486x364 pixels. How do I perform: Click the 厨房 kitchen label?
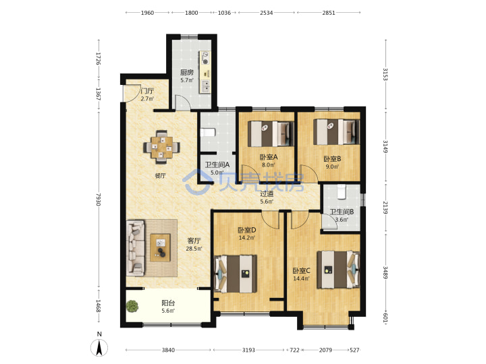tap(187, 72)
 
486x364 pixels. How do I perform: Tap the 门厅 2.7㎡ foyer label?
tap(147, 95)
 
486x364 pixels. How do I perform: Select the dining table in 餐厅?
tap(161, 147)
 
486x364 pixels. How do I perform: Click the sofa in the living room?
tap(136, 247)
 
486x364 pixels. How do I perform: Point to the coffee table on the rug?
tap(160, 247)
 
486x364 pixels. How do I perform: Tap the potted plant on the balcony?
tap(132, 306)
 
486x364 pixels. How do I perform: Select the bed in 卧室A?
tap(271, 133)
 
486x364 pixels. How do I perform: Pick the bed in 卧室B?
tap(336, 132)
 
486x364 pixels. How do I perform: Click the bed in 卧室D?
tap(236, 274)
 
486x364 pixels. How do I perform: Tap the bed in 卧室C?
tap(338, 270)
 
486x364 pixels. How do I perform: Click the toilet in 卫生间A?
tap(207, 133)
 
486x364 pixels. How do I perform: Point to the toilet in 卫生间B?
tap(341, 191)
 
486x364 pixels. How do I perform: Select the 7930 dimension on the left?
tap(99, 200)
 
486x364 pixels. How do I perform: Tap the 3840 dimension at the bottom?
tap(168, 350)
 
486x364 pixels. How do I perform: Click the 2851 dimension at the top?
tap(329, 13)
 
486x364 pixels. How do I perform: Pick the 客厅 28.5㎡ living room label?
tap(194, 244)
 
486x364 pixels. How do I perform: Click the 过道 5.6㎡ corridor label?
tap(267, 198)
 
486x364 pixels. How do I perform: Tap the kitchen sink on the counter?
tap(205, 86)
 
